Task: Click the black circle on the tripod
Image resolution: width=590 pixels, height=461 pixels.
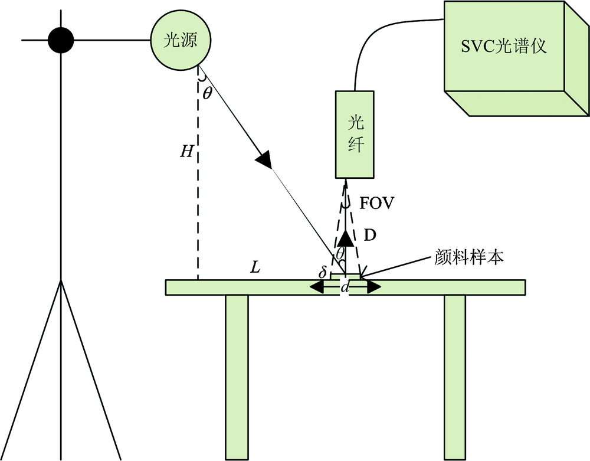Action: click(x=60, y=40)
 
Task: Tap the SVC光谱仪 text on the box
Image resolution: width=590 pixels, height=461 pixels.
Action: click(x=504, y=47)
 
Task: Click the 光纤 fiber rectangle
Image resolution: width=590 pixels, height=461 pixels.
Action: click(x=355, y=135)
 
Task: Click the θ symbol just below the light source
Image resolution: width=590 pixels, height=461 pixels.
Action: click(x=206, y=92)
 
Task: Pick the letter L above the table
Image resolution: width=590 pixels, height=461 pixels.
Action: click(x=255, y=267)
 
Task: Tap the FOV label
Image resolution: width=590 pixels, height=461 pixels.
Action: click(x=376, y=204)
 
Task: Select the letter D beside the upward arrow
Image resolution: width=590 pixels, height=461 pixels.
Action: click(x=369, y=235)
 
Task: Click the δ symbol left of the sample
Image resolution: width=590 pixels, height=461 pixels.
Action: click(x=322, y=274)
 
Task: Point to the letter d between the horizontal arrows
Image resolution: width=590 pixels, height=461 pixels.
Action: click(x=345, y=288)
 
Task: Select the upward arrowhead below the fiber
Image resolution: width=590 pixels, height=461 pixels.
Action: click(x=345, y=238)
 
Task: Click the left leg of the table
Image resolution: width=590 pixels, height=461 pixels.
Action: click(x=237, y=375)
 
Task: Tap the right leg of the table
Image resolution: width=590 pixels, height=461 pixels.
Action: click(x=454, y=375)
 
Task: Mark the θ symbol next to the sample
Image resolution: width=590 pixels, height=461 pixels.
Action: click(x=340, y=253)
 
